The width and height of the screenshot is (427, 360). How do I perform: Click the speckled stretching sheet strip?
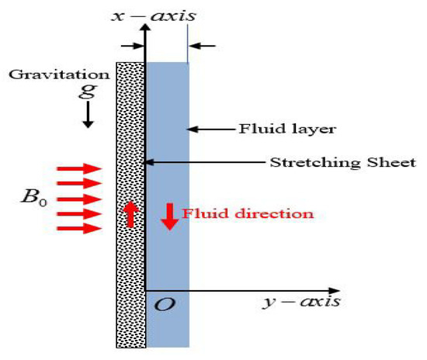(130, 272)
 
